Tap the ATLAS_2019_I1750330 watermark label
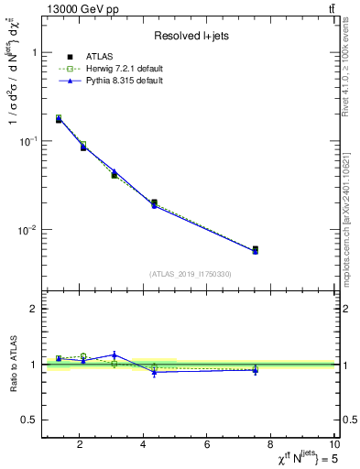[191, 274]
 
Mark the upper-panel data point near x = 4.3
[154, 203]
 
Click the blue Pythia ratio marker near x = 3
[115, 354]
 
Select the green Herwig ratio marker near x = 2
[82, 356]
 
